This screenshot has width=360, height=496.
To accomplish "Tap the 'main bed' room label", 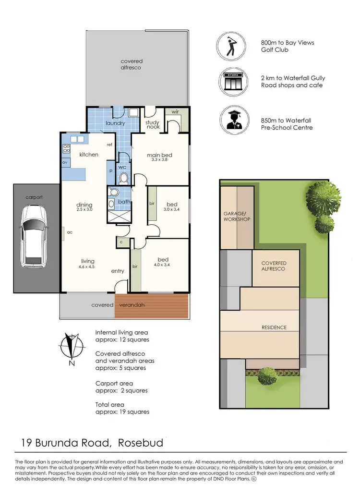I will (159, 155).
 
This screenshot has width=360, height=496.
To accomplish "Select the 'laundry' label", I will (115, 123).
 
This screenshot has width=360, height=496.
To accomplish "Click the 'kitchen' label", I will (89, 155).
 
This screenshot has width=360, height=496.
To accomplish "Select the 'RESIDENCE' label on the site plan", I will (274, 327).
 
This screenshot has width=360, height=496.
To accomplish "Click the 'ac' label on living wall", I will (70, 231).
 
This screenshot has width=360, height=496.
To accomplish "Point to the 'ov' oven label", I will (65, 162).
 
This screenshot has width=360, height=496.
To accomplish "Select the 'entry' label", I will (118, 271).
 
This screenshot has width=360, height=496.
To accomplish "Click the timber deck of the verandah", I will (152, 305).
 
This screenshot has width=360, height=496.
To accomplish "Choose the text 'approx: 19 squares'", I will (122, 411).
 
